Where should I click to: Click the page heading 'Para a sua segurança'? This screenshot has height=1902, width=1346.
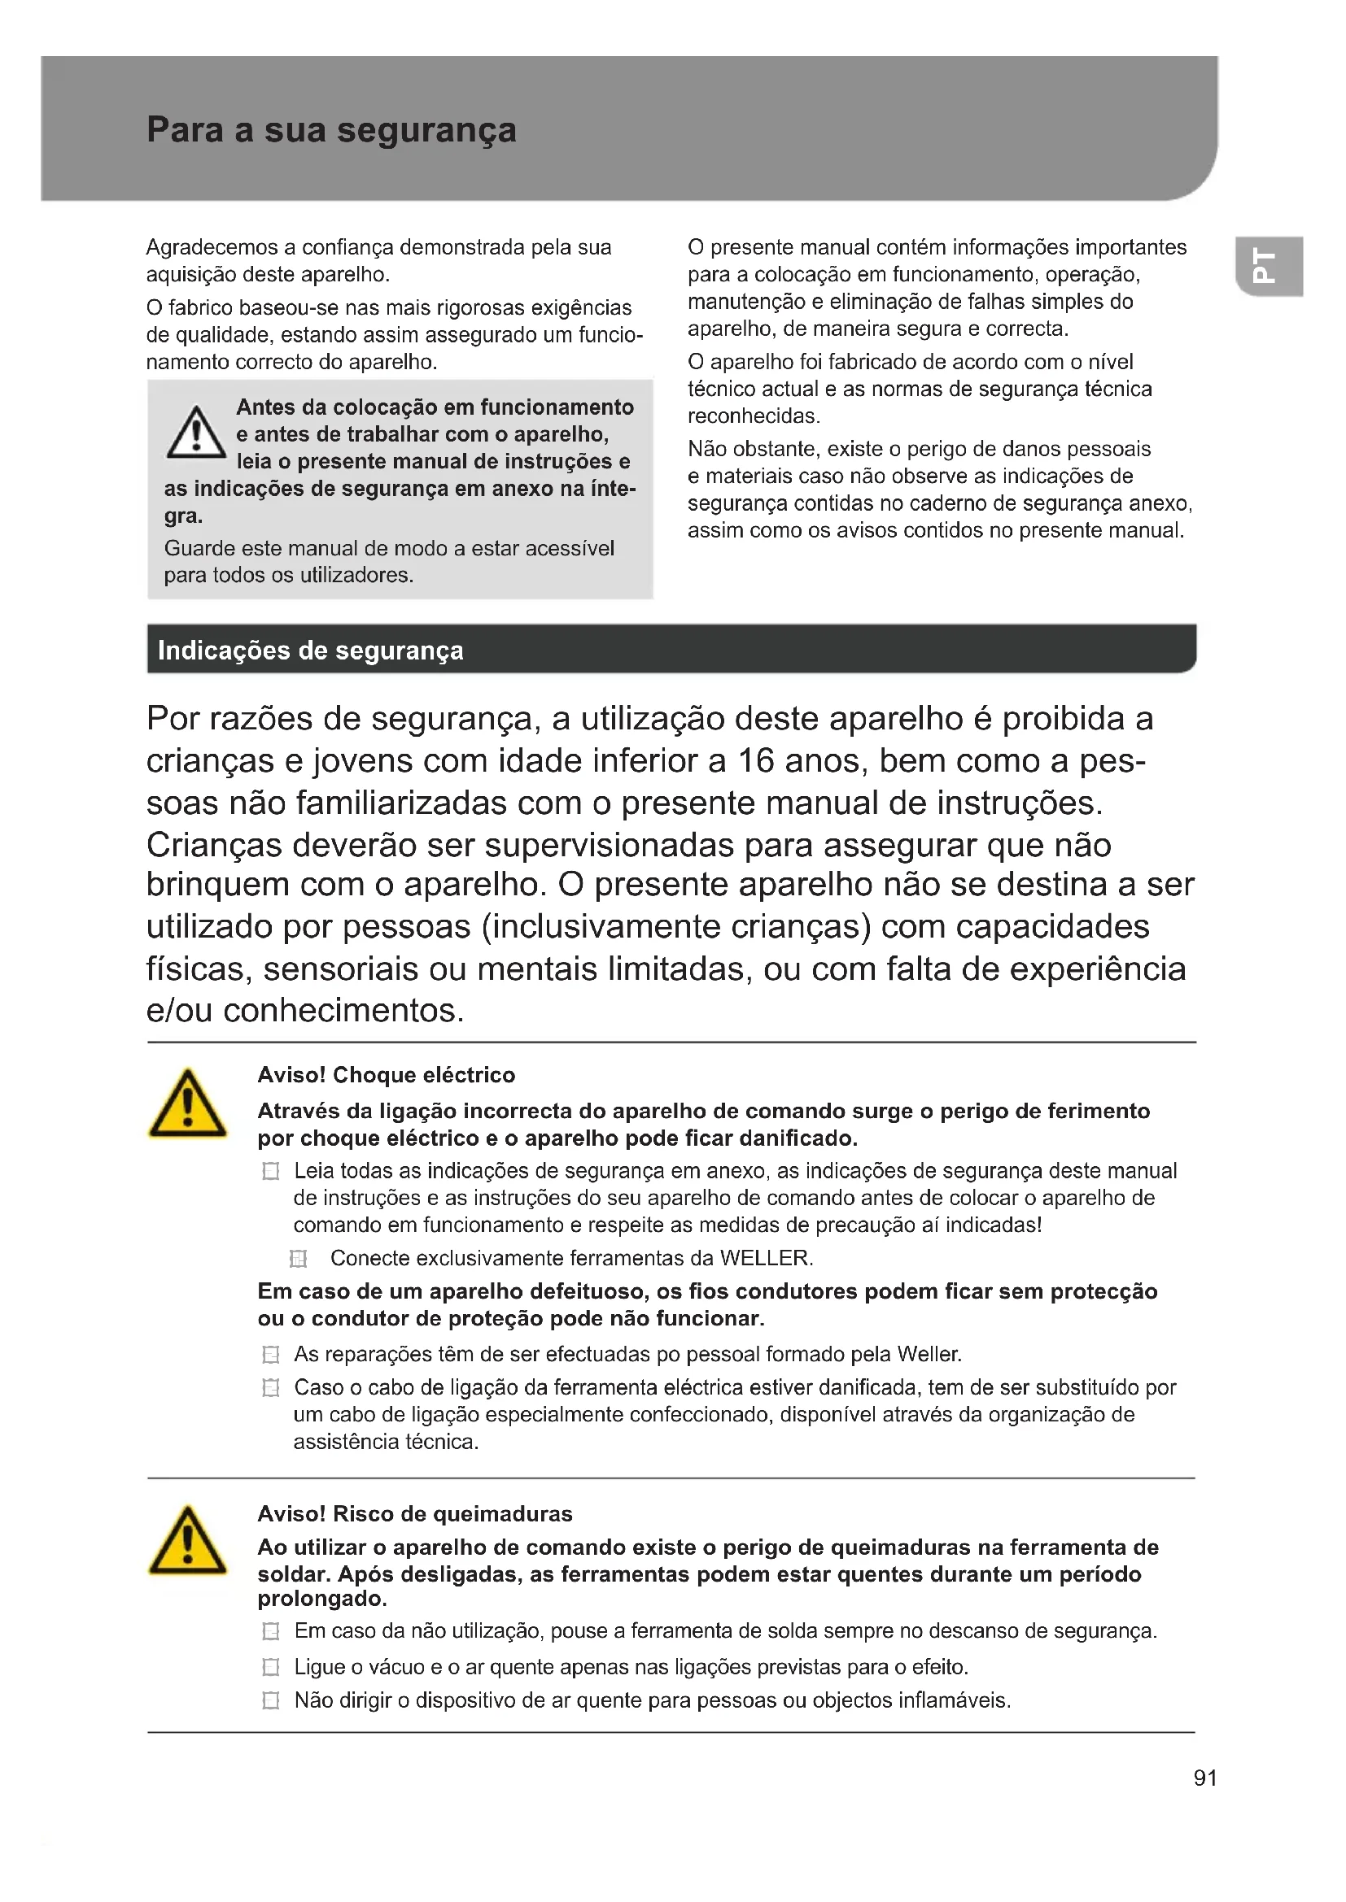pos(330,130)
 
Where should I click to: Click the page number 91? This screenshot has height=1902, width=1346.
pos(1205,1778)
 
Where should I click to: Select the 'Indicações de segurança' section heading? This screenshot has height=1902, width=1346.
pos(310,651)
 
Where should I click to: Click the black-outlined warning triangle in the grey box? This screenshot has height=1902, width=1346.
pos(195,433)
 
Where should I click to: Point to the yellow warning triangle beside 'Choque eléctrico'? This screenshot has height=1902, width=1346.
pos(187,1104)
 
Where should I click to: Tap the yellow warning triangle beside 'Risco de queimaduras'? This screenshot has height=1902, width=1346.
pos(187,1541)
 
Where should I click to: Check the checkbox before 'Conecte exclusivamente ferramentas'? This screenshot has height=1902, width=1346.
pos(299,1259)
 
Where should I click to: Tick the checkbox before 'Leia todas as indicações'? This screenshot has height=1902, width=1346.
pos(270,1171)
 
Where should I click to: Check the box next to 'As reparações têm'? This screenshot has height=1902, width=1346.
pos(270,1355)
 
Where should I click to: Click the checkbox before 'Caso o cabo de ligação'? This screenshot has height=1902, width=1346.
pos(270,1387)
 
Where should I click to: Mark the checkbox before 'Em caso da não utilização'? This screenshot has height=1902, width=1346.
pos(270,1631)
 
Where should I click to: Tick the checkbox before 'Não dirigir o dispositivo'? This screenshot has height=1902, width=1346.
pos(270,1700)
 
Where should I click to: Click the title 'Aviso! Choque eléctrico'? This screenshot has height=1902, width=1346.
pos(386,1075)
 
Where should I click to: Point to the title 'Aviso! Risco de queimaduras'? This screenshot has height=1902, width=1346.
pos(414,1513)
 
